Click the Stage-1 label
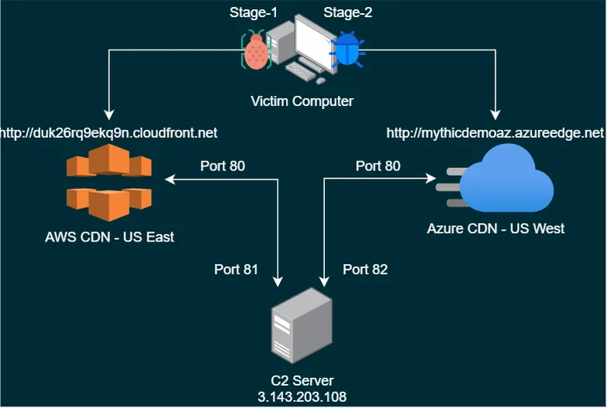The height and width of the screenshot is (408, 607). (253, 13)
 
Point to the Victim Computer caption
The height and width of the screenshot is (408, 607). (302, 101)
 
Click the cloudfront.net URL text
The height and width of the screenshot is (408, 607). (109, 133)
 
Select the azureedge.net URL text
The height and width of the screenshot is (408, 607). (495, 133)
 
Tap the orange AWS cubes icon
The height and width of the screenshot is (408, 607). (108, 184)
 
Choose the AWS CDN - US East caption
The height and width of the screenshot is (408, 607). (109, 237)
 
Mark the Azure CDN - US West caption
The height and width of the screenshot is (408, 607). (496, 228)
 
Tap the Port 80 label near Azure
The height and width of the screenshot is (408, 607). (378, 166)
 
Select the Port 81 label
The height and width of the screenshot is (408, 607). (236, 269)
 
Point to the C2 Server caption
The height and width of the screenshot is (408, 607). (302, 381)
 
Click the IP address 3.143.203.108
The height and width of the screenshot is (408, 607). (302, 396)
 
